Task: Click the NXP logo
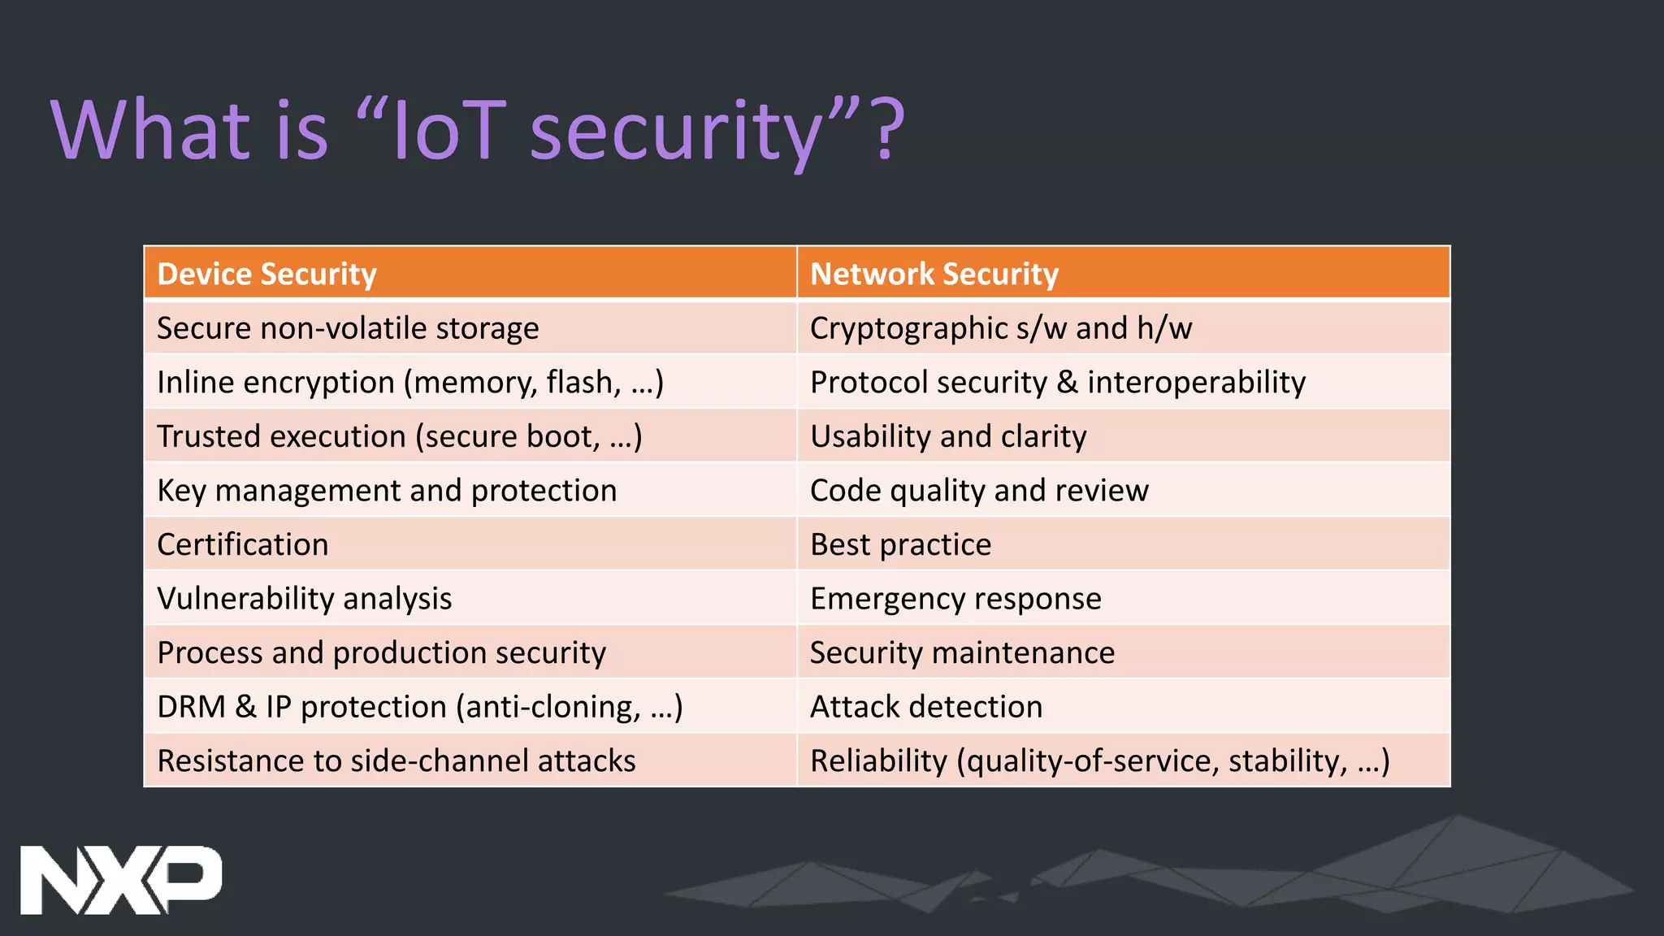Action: [x=120, y=880]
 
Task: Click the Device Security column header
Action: [x=266, y=274]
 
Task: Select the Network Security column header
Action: [x=934, y=274]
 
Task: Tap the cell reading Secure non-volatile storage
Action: [x=348, y=328]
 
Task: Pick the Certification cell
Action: [x=242, y=544]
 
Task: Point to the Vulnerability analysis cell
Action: [x=304, y=599]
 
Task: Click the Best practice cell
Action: [x=900, y=544]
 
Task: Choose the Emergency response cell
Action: [x=955, y=599]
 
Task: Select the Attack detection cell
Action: [x=926, y=707]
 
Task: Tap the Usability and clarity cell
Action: [x=948, y=436]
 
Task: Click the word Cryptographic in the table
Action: [x=908, y=328]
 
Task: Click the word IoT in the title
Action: [x=449, y=130]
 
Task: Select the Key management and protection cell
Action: [x=387, y=491]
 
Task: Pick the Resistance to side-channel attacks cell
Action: [x=396, y=761]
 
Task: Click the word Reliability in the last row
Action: [x=878, y=761]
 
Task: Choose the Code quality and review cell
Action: [x=979, y=491]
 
